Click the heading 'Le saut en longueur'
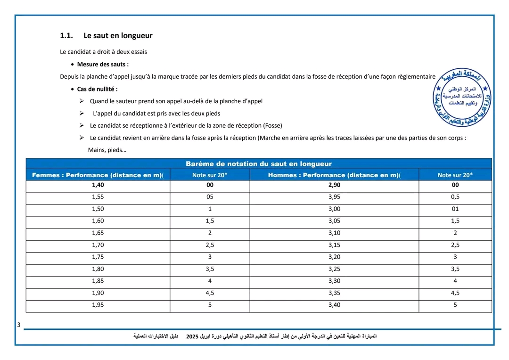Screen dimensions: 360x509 [x=118, y=36]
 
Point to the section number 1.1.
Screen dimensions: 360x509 [x=66, y=36]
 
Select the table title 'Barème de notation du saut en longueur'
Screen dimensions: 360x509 [x=259, y=164]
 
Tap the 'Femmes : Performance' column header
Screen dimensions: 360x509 [x=98, y=175]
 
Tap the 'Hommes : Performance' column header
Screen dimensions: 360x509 [x=334, y=175]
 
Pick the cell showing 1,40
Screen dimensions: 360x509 [x=98, y=185]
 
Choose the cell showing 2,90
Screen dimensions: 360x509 [x=334, y=185]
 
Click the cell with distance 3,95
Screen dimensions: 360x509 [x=334, y=197]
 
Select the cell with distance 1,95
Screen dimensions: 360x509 [x=98, y=305]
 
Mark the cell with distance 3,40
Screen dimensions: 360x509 [x=334, y=305]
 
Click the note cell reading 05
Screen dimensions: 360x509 [x=210, y=197]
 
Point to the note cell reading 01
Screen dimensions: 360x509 [x=455, y=209]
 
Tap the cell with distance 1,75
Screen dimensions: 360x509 [x=98, y=257]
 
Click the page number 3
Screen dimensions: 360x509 [x=18, y=325]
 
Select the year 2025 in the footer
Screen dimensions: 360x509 [x=192, y=336]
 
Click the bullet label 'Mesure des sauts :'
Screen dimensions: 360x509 [x=103, y=64]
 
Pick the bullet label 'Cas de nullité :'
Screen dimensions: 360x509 [x=97, y=89]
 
